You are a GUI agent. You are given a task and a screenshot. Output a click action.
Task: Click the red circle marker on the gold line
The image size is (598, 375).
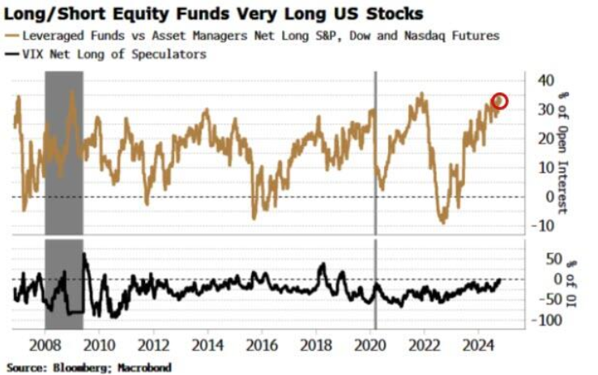tap(499, 101)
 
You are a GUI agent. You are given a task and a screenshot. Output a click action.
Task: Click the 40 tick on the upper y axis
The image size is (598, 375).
tap(545, 80)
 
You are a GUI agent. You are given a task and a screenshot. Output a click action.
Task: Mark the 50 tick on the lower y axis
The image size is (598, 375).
tap(545, 259)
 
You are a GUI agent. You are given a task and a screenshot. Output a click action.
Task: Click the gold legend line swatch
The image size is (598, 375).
tap(11, 36)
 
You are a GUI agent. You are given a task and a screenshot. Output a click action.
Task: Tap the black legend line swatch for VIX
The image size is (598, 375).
tap(11, 54)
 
